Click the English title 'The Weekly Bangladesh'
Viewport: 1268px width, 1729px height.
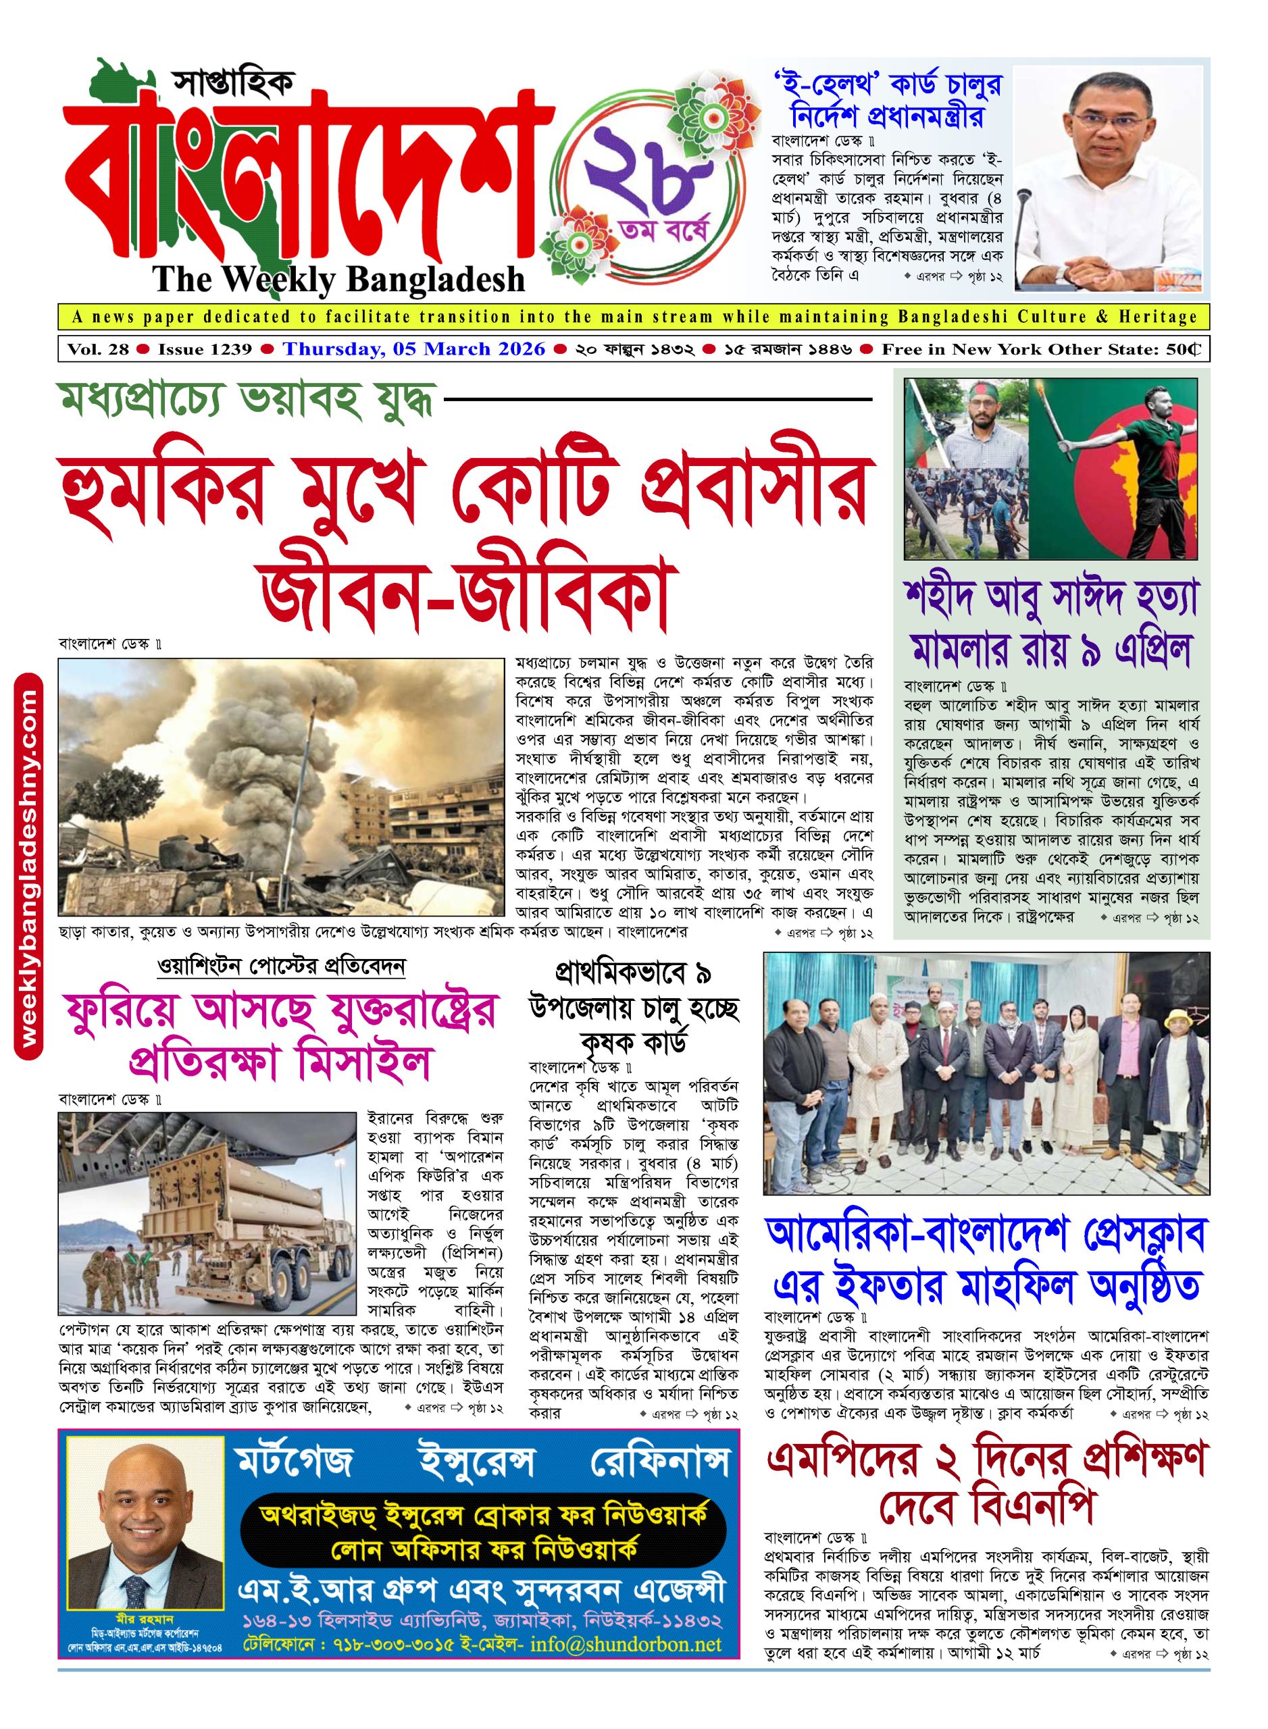click(x=338, y=280)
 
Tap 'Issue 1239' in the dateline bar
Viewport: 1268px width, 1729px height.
click(x=205, y=350)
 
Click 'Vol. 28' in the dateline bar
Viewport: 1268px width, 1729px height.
click(x=97, y=350)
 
